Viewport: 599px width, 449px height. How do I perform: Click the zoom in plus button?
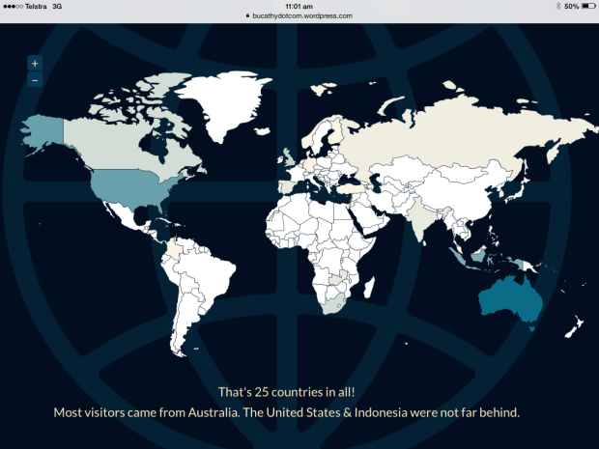pyautogui.click(x=35, y=64)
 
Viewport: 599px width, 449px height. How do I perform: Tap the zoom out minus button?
pyautogui.click(x=35, y=80)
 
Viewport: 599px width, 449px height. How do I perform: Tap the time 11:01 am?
pyautogui.click(x=299, y=6)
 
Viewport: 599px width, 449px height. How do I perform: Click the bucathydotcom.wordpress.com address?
pyautogui.click(x=302, y=16)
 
